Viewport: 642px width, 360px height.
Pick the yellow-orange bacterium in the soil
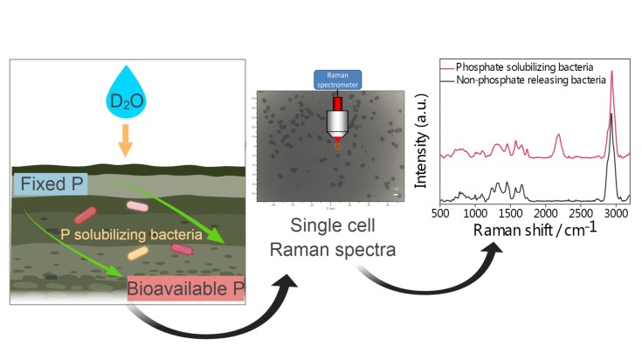pos(136,253)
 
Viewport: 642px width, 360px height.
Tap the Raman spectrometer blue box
pos(336,80)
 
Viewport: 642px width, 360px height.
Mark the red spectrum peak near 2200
pos(558,137)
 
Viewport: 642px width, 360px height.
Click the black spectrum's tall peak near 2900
pos(611,114)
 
